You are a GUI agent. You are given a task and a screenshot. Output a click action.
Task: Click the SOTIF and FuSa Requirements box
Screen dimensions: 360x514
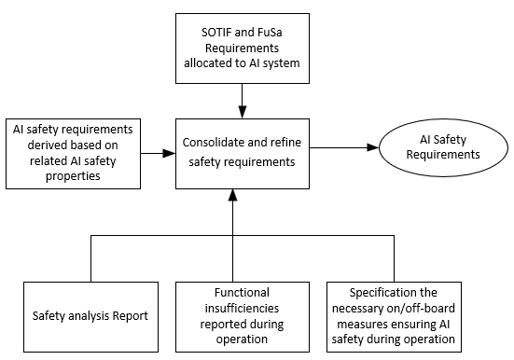click(x=242, y=48)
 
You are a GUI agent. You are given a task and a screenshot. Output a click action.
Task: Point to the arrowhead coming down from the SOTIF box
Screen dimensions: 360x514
click(x=242, y=104)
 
